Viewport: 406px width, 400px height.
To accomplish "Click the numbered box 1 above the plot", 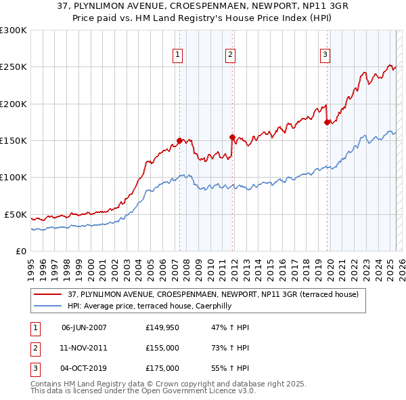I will [x=177, y=55].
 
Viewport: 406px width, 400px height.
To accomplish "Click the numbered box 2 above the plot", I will [x=230, y=55].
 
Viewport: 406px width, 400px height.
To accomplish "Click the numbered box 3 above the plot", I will [x=325, y=55].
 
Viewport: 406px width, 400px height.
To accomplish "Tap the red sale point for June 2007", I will [x=179, y=140].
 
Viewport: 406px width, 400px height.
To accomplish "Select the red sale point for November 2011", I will [x=232, y=137].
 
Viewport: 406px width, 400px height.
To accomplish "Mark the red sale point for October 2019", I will [x=327, y=123].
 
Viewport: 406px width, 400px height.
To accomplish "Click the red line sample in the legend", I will [x=48, y=294].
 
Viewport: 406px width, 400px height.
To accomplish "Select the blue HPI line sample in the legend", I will [x=48, y=306].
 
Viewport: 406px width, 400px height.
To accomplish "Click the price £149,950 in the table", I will [x=162, y=327].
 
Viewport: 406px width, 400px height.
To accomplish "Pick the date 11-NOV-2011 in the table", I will [x=84, y=348].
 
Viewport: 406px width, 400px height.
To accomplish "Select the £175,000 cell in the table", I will [x=162, y=368].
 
